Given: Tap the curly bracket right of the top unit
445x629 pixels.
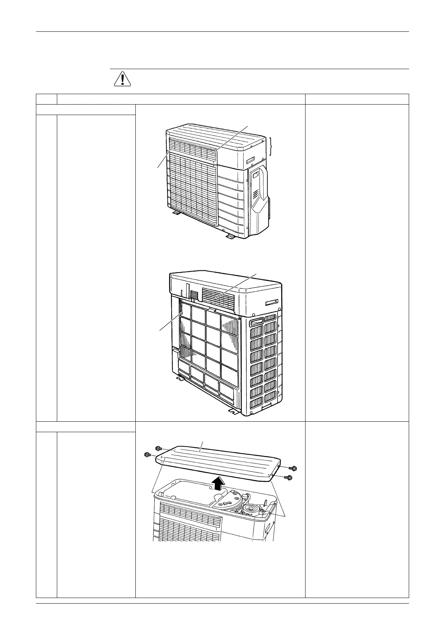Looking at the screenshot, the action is tap(271, 146).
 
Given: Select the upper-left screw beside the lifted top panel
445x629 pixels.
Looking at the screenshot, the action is tap(158, 448).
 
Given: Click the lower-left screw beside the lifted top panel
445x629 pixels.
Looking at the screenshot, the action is tap(147, 455).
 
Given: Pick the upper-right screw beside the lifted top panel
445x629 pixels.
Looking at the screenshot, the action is tap(293, 468).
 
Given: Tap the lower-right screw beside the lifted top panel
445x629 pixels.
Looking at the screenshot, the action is tap(289, 477).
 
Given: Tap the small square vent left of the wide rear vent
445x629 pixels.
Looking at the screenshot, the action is tap(193, 295).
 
